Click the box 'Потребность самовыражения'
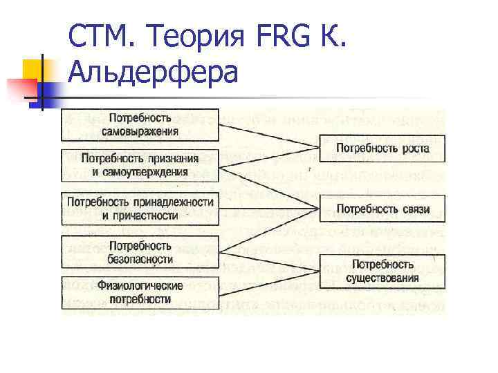click(140, 125)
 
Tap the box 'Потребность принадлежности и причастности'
click(140, 209)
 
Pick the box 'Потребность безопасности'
click(140, 252)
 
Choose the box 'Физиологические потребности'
click(140, 292)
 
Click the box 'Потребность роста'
click(382, 148)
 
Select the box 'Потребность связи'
click(382, 209)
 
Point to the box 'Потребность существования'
click(382, 271)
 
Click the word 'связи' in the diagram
click(413, 209)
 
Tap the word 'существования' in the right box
click(382, 278)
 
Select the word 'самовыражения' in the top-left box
click(140, 131)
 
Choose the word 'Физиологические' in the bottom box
click(140, 285)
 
